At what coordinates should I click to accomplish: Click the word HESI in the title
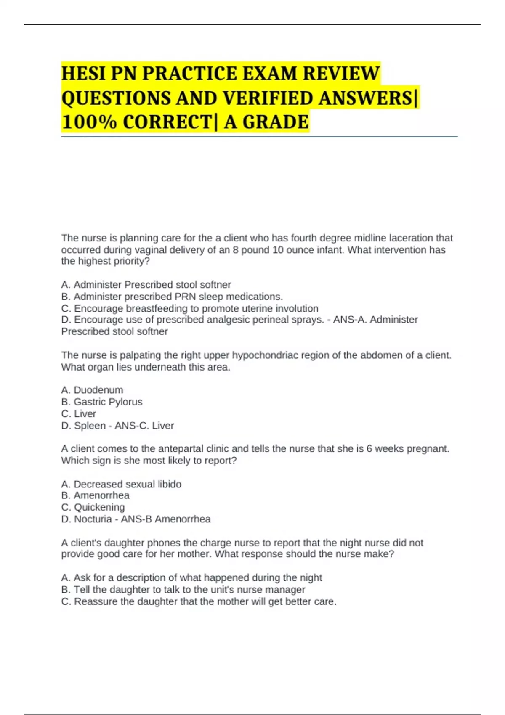click(x=83, y=74)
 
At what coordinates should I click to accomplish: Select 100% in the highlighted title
click(x=89, y=122)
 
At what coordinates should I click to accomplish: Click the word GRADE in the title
click(x=276, y=122)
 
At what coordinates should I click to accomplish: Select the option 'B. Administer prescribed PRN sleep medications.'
click(x=172, y=297)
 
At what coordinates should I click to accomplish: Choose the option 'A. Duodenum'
click(x=92, y=390)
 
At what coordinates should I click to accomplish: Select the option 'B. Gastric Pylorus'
click(x=102, y=402)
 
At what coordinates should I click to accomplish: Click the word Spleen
click(x=90, y=426)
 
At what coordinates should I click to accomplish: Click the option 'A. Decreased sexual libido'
click(x=121, y=484)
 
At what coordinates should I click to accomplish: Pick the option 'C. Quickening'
click(x=93, y=507)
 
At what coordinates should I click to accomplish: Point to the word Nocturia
click(x=93, y=519)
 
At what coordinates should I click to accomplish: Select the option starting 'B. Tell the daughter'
click(x=183, y=590)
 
